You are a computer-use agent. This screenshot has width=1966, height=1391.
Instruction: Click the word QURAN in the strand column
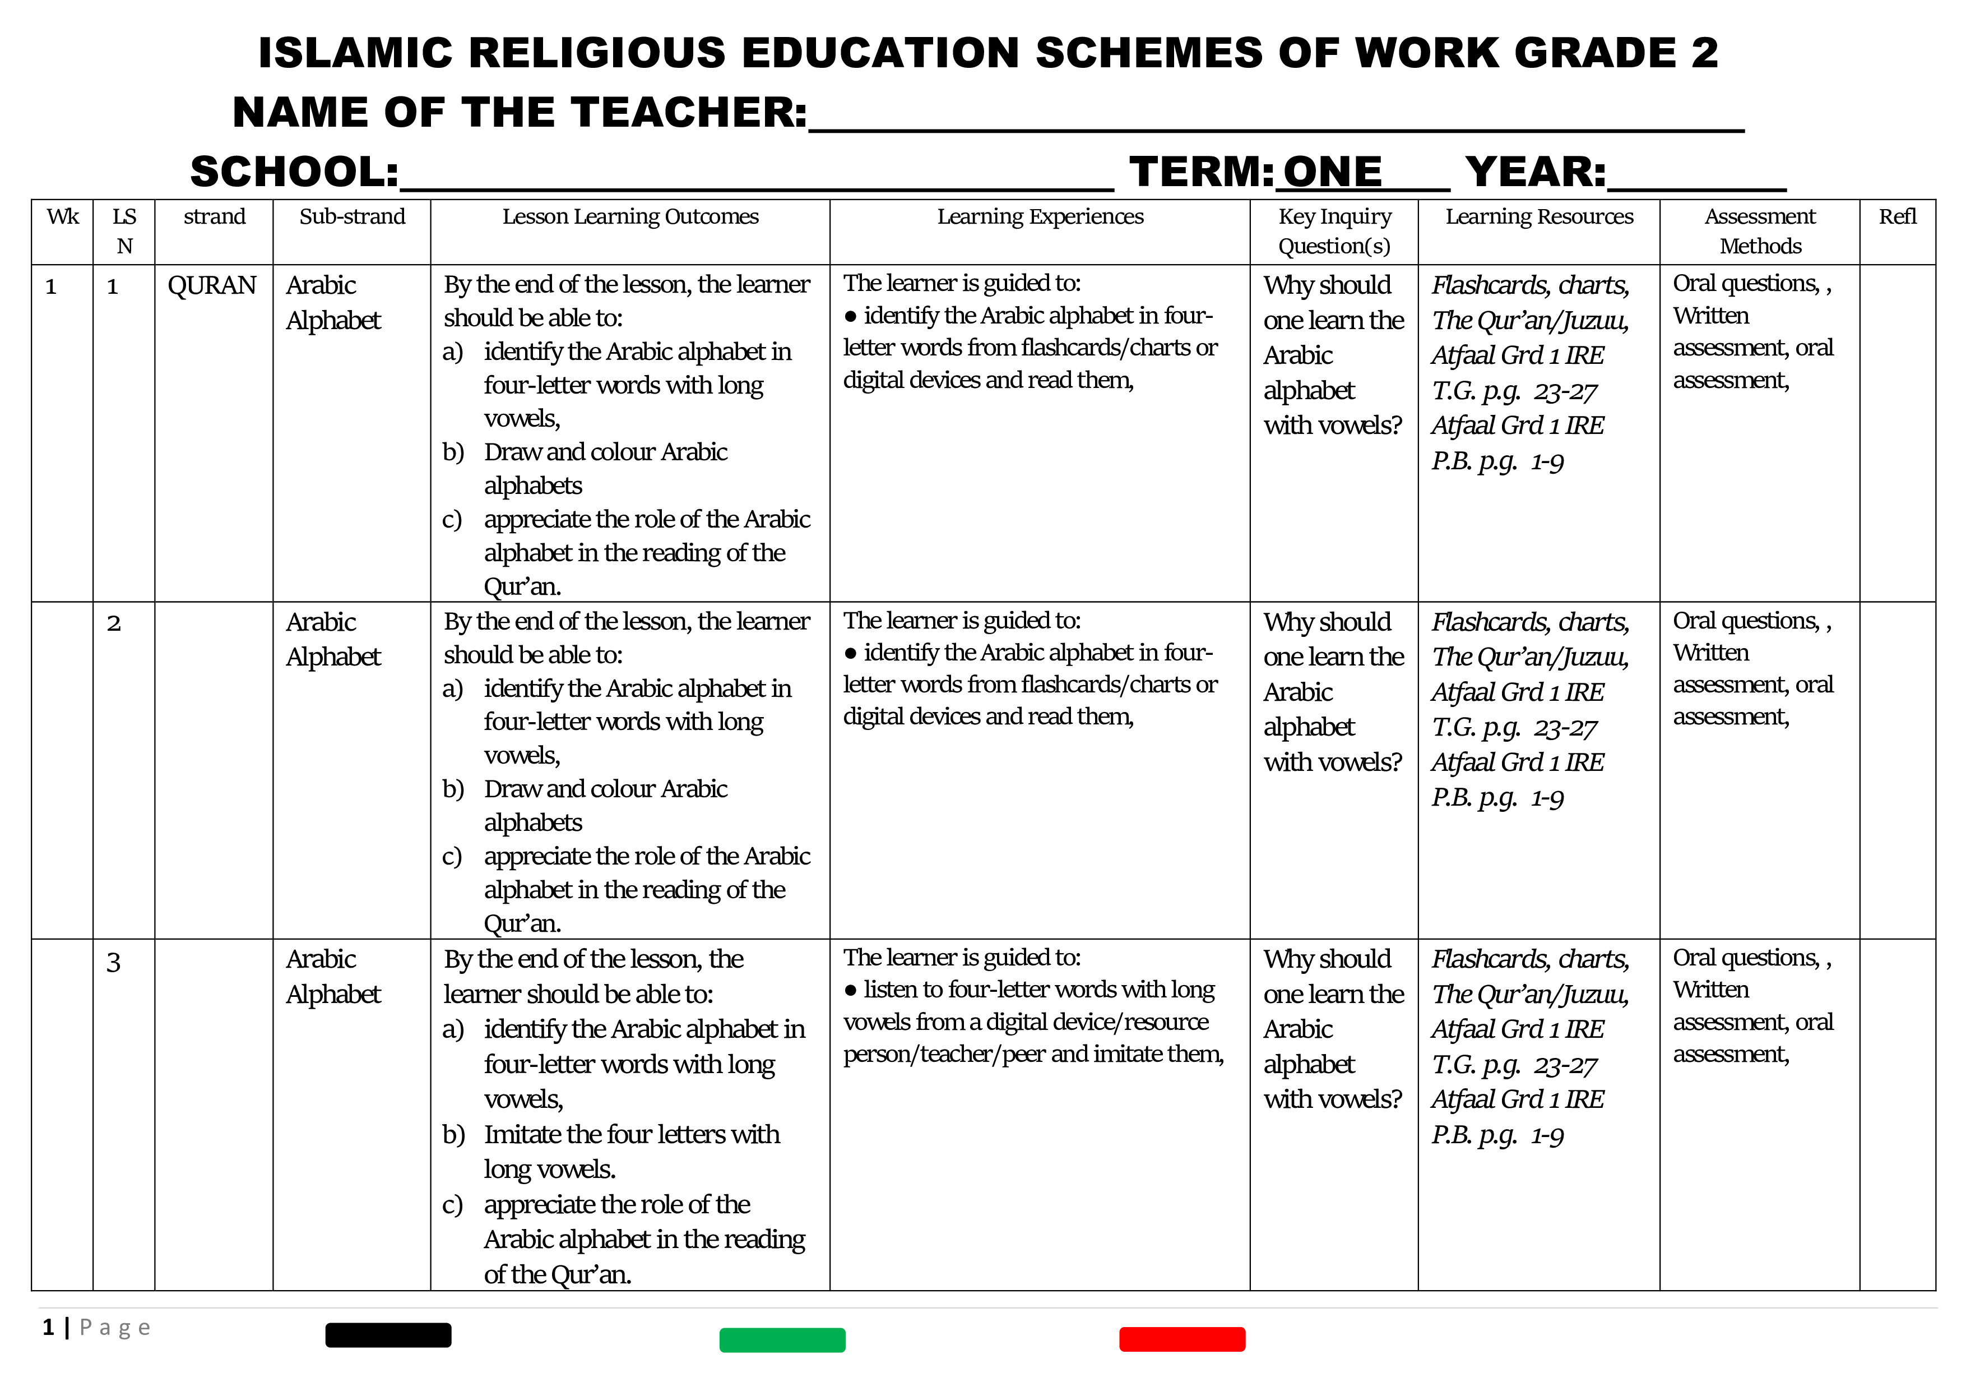click(211, 285)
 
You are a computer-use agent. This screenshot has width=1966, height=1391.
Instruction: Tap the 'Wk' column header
click(63, 217)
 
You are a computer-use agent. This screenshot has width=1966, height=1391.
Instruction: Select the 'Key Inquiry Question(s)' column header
click(1334, 231)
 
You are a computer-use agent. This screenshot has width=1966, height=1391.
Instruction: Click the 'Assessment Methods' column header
click(1760, 231)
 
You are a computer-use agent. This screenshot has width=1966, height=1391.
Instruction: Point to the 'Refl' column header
click(1898, 217)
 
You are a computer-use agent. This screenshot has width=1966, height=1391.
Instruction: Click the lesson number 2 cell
click(114, 623)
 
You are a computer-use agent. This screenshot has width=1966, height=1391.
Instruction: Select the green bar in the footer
click(782, 1339)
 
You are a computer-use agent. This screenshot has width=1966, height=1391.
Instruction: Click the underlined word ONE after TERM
click(1332, 172)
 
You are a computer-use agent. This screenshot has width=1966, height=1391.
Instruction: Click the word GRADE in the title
click(1595, 53)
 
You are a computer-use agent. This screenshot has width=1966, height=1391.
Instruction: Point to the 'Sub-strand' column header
click(352, 217)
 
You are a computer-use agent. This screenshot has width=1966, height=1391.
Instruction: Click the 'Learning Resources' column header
click(1539, 217)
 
